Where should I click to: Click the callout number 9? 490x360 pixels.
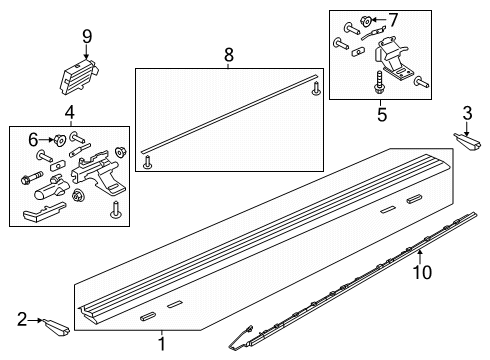point(87,36)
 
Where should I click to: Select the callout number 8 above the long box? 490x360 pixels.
point(229,55)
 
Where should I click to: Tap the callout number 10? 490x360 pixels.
point(423,272)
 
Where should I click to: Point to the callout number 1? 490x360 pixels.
point(162,344)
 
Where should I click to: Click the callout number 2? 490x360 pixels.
point(22,319)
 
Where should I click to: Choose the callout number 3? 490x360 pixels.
point(467,113)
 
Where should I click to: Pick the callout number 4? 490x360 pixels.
point(70,113)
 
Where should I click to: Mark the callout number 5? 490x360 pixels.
point(382,115)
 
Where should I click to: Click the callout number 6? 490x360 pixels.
point(33,140)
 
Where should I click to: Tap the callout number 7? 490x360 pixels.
point(394,20)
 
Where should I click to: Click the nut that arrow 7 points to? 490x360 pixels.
point(366,21)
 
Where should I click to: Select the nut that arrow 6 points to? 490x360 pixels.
point(60,140)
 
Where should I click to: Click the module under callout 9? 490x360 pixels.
point(80,76)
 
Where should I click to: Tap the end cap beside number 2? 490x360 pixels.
point(56,327)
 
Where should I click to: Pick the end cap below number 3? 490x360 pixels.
point(467,142)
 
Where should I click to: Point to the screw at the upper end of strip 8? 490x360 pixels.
point(316,88)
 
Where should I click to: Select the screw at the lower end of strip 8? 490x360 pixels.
point(147,163)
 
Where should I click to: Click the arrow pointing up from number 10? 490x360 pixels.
point(420,257)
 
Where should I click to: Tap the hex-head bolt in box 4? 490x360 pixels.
point(32,178)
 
